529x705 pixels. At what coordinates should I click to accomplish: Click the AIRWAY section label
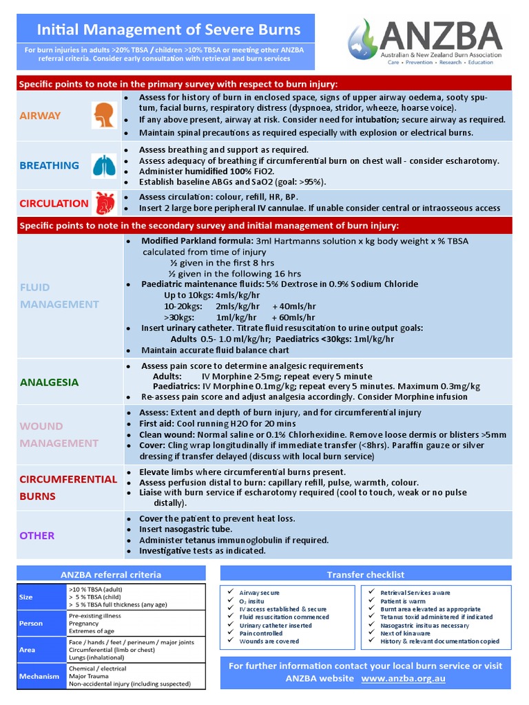40,116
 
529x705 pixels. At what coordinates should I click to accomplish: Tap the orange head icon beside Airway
103,115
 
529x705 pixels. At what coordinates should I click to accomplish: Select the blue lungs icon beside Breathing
104,165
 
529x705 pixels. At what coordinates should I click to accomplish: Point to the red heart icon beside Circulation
104,203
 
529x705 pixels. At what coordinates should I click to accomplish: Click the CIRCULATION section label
54,203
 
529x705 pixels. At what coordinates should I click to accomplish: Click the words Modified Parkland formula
197,241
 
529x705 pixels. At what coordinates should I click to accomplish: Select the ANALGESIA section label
49,382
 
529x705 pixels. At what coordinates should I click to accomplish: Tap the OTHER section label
37,535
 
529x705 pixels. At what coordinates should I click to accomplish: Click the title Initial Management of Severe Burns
168,30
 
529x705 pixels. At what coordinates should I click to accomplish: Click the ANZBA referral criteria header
111,574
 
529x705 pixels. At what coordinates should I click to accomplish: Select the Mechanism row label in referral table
39,676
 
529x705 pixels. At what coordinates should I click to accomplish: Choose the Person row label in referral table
31,623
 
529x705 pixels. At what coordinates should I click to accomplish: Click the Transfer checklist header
365,574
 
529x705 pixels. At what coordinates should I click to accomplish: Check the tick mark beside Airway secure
229,592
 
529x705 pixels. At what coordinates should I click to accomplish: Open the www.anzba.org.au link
403,678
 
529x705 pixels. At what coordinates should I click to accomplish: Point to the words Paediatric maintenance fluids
201,284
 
